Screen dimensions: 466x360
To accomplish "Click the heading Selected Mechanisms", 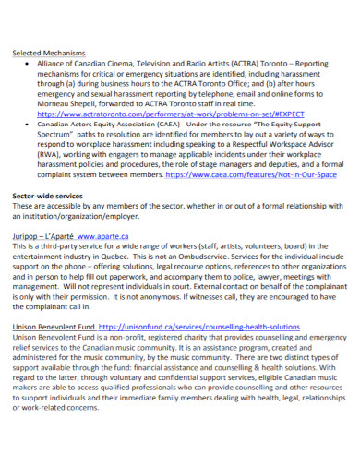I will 48,54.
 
